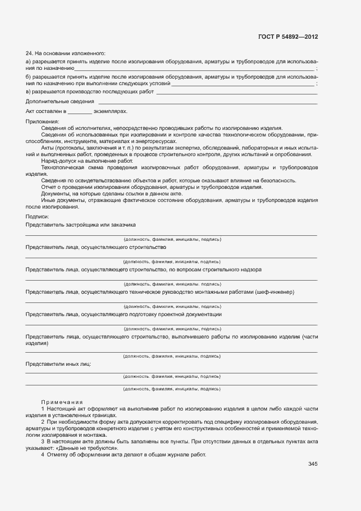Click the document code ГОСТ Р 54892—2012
click(x=288, y=37)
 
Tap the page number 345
click(x=312, y=464)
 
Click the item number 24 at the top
click(x=29, y=54)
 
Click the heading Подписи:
click(x=38, y=217)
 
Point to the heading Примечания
click(x=61, y=402)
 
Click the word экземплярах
click(x=111, y=111)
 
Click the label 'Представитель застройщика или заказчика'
click(x=81, y=224)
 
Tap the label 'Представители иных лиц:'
click(x=58, y=364)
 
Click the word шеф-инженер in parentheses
click(x=275, y=292)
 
